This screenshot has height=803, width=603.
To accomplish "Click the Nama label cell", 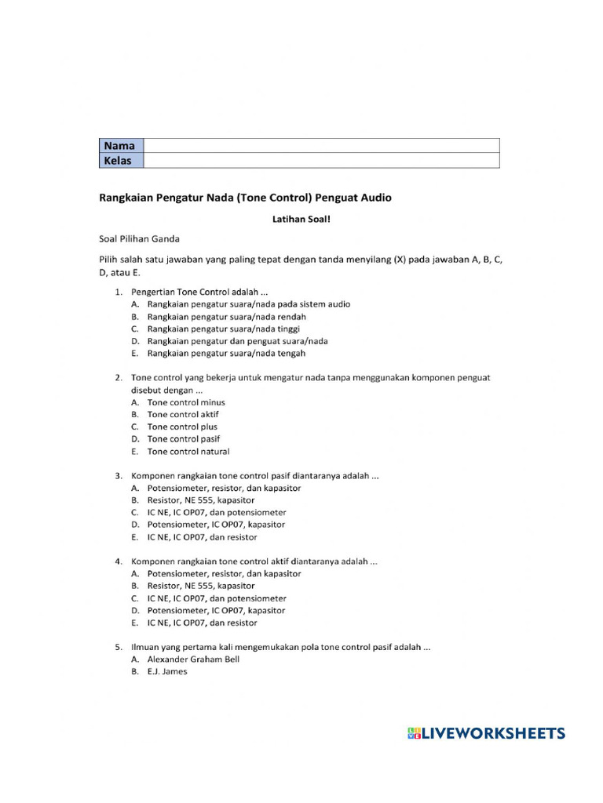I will coord(121,146).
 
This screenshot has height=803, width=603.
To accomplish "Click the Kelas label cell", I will coord(121,161).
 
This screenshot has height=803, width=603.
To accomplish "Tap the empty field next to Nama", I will coord(321,146).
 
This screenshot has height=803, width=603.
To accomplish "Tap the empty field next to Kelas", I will coord(321,161).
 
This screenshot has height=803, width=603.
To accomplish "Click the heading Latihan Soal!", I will coord(301,220).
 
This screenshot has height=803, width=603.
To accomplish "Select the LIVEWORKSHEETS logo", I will coord(486,733).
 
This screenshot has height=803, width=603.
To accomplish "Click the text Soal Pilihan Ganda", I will coord(140,238).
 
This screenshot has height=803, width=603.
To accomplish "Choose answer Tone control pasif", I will coord(184,439).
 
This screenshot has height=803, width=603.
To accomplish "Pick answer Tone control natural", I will coord(188,452).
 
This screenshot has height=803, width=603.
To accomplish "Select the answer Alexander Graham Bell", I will coord(193,659).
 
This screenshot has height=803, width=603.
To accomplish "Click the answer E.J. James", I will coord(167,672).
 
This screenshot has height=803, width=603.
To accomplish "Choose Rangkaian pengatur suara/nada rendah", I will coord(227,317).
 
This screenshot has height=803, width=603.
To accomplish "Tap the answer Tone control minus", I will coord(186,402).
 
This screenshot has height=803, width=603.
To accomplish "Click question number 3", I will coord(119,476).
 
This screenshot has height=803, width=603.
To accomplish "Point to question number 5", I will coord(119,648).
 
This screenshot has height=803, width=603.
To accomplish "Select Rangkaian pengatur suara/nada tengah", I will coord(227,354).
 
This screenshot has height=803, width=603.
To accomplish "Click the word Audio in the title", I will coord(375,198).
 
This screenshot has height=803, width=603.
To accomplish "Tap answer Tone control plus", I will coord(183,427).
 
